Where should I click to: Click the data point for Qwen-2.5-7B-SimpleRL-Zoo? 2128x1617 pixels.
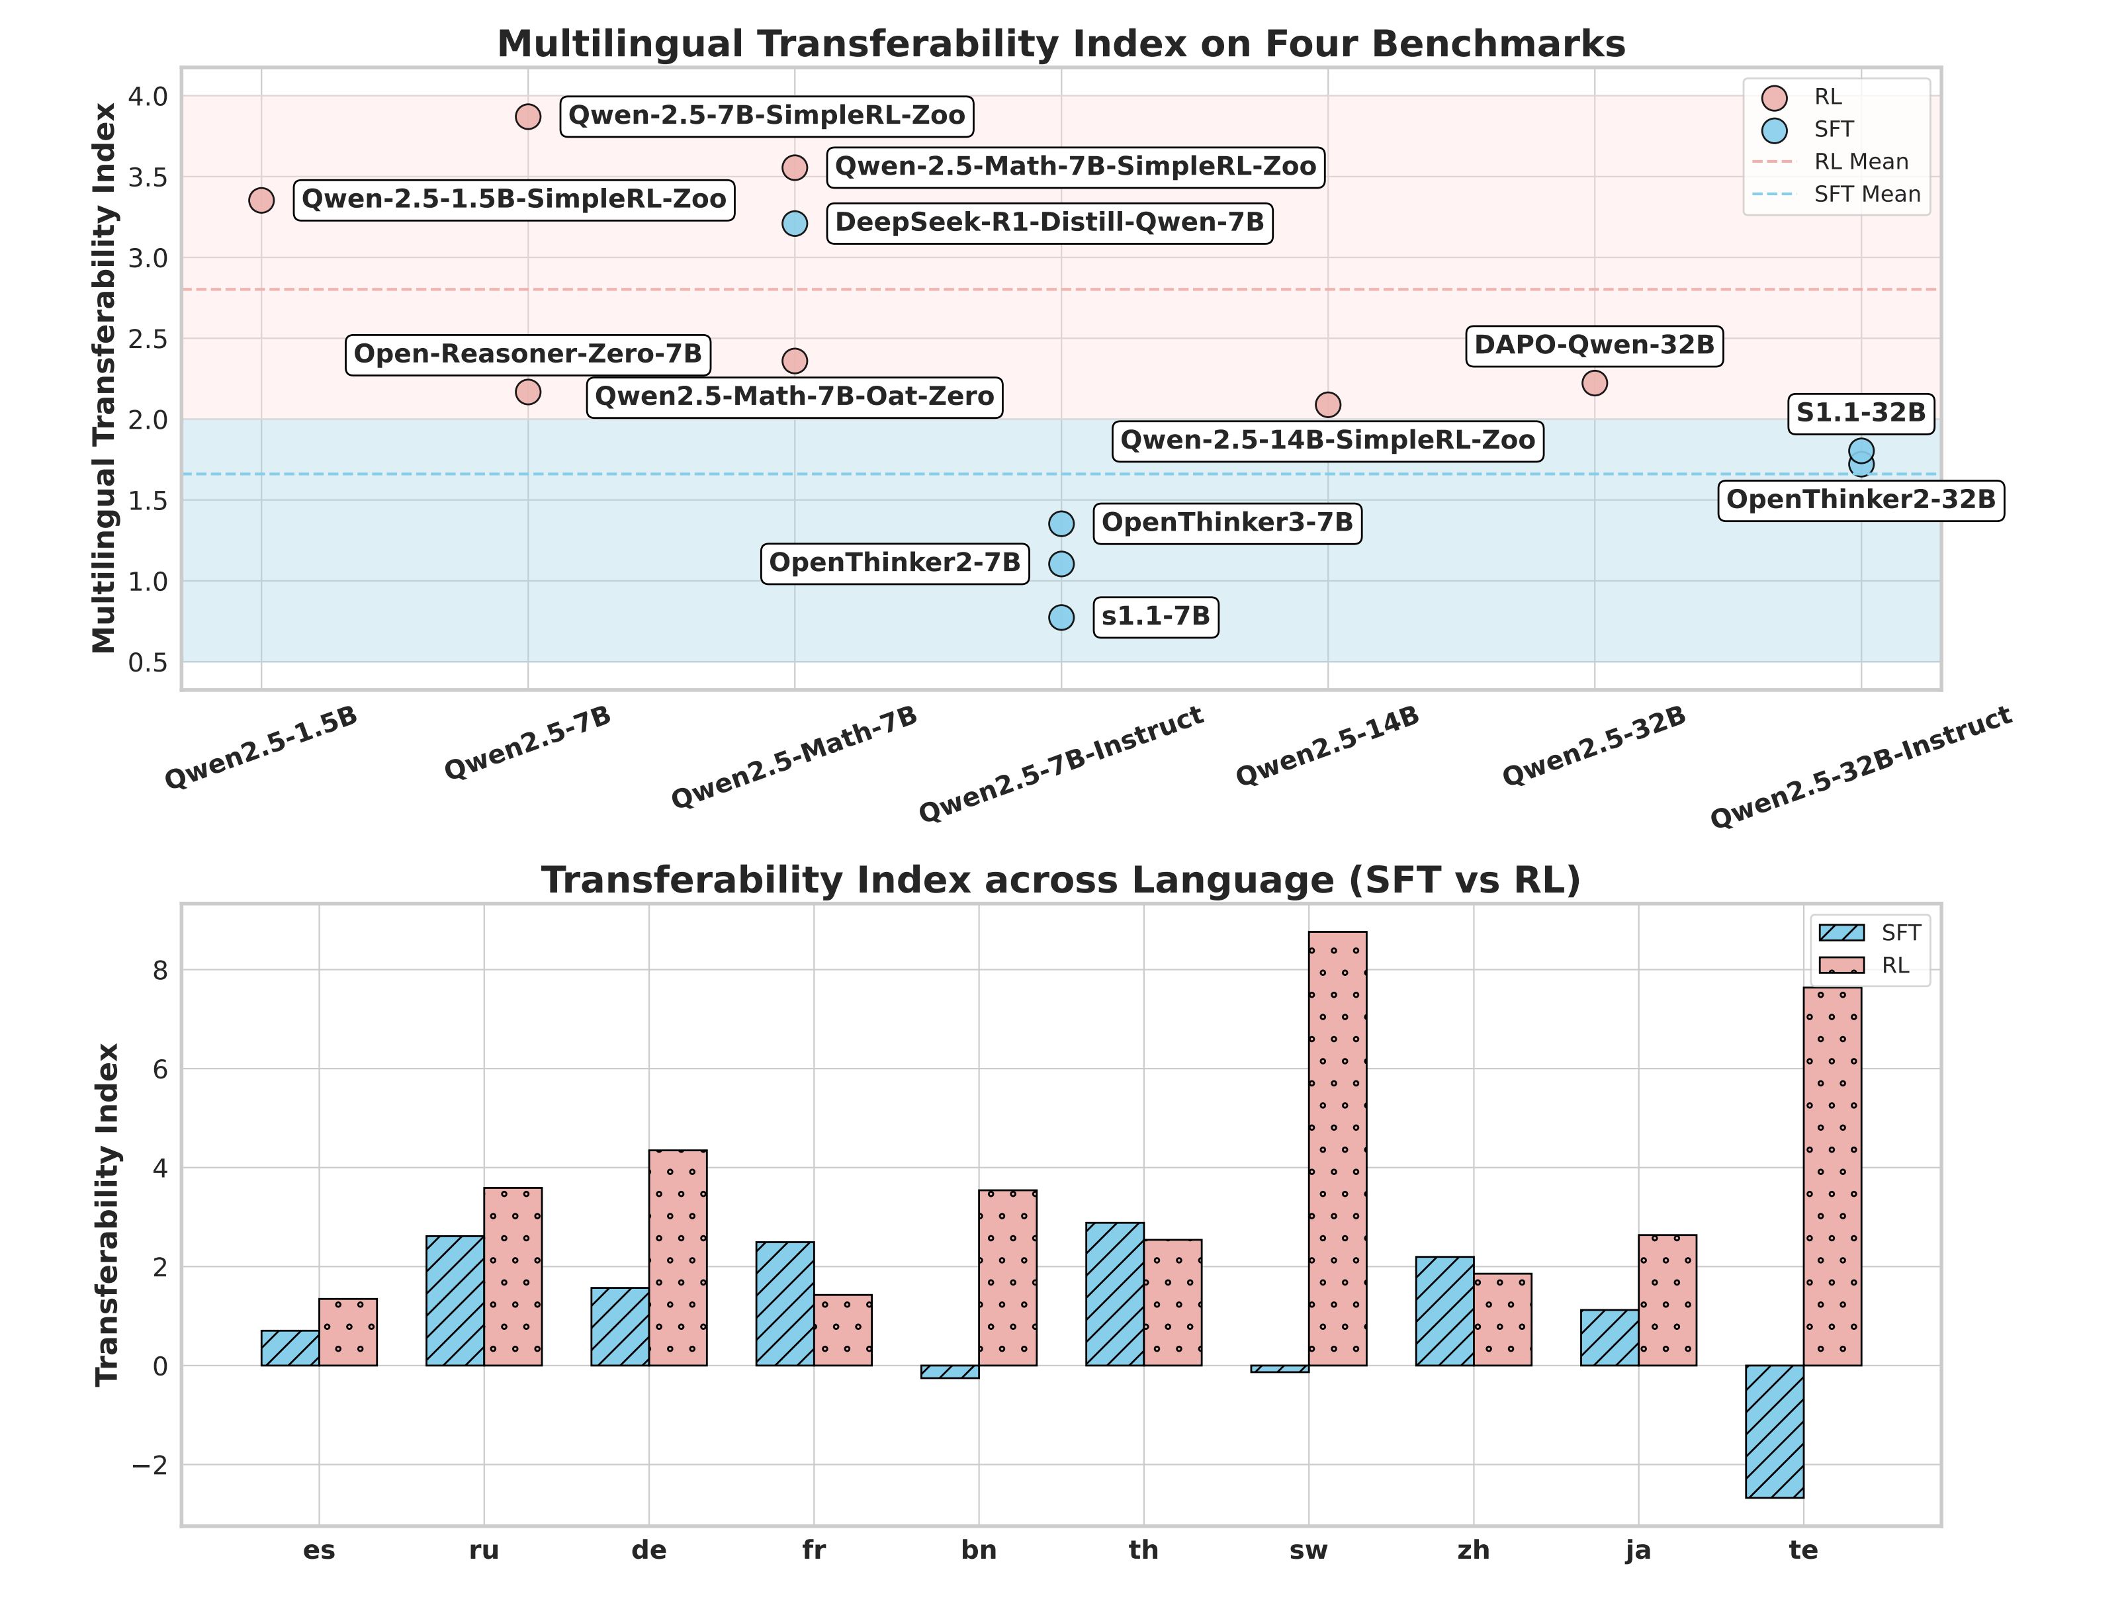(527, 116)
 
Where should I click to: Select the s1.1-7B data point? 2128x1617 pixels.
(1061, 617)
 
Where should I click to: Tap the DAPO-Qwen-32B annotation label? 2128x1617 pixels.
(1594, 345)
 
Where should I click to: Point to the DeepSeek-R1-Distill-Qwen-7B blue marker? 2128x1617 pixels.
(794, 224)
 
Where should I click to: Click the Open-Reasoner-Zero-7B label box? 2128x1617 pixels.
(527, 354)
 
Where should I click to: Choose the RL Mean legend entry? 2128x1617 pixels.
(1859, 161)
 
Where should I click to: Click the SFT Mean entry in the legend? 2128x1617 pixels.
(1866, 195)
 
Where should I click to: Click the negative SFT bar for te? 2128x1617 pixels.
(1774, 1430)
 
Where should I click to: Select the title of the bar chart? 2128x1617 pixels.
(1061, 881)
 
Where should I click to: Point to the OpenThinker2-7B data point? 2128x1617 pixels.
(1061, 563)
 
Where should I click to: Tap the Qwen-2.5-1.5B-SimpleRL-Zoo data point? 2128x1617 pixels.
(261, 200)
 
